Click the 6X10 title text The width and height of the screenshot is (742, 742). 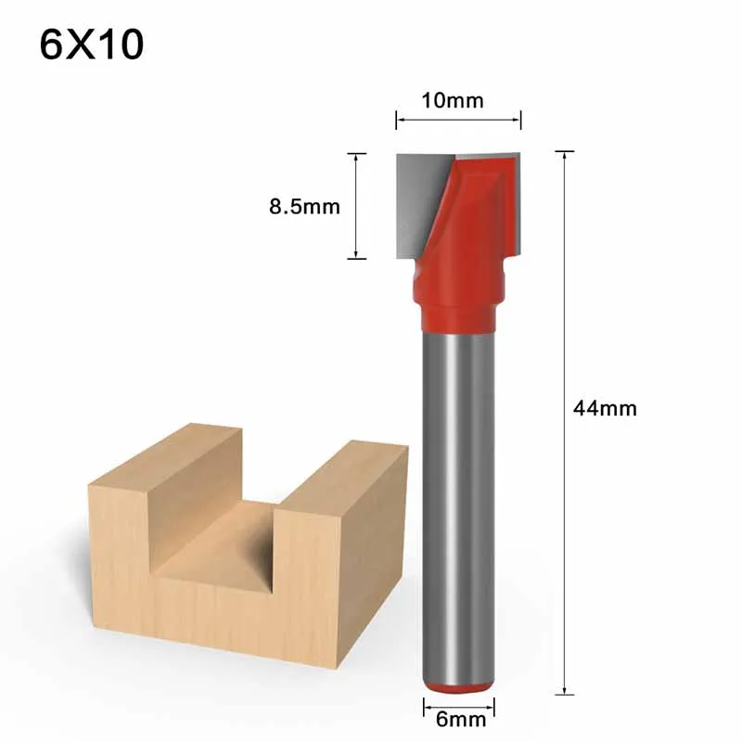[x=92, y=45]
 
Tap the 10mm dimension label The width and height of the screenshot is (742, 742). [x=452, y=100]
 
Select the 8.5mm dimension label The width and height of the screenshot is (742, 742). [x=304, y=206]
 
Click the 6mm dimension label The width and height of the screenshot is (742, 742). [x=452, y=716]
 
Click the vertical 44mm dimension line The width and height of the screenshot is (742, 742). [x=565, y=556]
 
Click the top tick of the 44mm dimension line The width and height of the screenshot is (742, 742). [x=565, y=151]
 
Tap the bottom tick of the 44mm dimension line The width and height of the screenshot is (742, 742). [x=565, y=694]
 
